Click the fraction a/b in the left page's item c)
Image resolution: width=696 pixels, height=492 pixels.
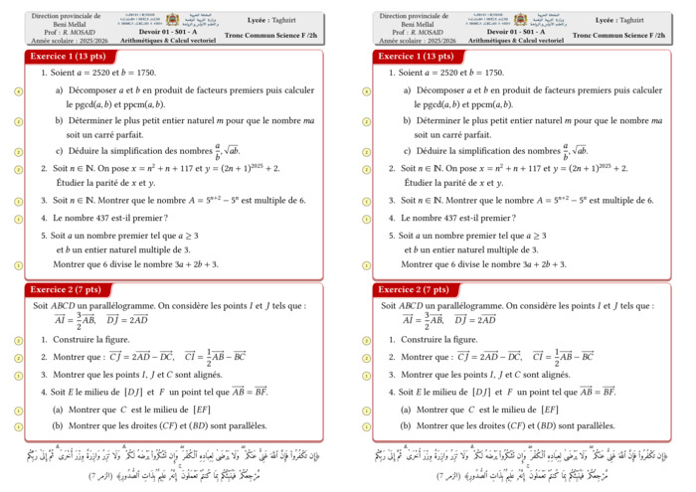(x=218, y=152)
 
